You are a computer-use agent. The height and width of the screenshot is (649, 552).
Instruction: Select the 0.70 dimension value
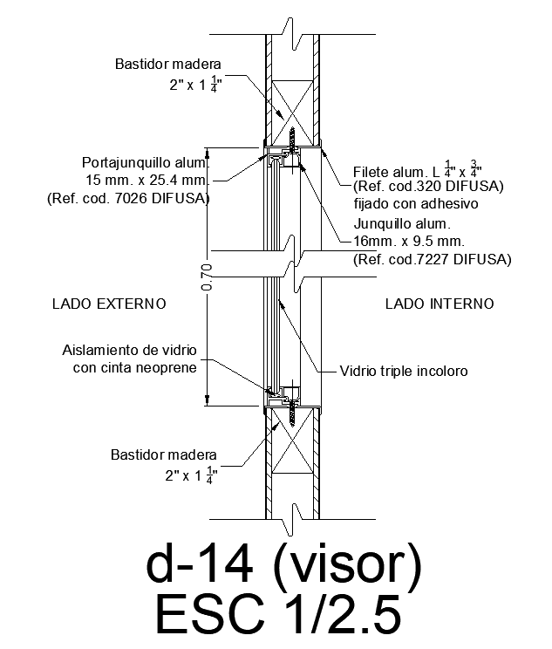[207, 277]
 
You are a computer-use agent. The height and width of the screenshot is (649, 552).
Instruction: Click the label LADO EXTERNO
[109, 304]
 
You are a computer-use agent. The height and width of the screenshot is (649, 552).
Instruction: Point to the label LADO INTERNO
[440, 304]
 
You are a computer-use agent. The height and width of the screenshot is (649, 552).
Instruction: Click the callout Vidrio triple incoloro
[404, 371]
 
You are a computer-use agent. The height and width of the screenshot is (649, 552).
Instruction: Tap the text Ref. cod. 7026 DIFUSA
[128, 198]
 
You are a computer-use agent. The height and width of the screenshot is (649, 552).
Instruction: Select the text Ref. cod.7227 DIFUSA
[433, 259]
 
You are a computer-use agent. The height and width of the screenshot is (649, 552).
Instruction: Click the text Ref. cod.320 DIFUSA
[428, 187]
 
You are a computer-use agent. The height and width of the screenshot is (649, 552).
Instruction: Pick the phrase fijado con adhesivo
[416, 203]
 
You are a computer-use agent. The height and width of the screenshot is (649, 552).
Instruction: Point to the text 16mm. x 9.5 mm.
[409, 241]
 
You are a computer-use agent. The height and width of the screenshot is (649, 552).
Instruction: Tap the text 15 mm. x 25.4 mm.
[147, 180]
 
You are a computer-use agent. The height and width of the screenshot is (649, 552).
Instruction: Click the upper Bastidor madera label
[168, 65]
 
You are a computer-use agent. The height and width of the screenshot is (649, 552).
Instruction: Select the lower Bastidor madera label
[163, 454]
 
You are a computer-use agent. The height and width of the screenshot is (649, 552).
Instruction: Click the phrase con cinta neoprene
[135, 367]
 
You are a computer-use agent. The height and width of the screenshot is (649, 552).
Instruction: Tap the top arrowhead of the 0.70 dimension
[208, 153]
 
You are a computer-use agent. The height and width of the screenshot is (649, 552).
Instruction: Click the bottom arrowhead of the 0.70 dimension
[208, 400]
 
